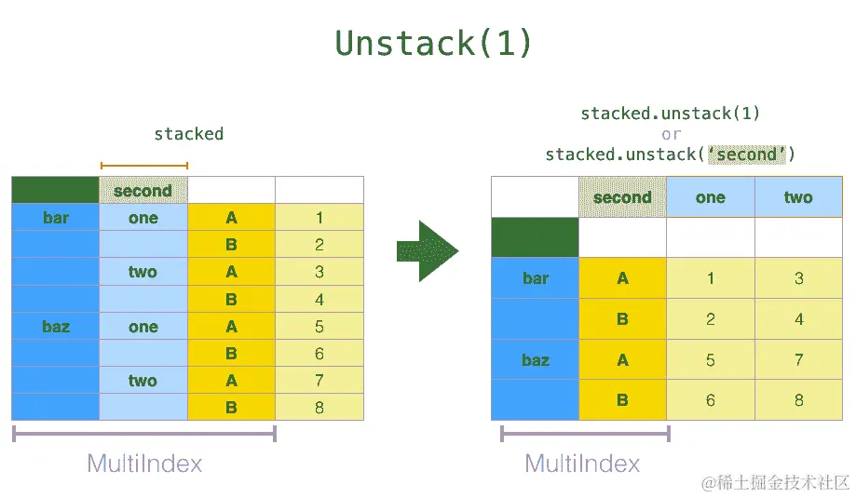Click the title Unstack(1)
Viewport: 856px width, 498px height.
point(434,44)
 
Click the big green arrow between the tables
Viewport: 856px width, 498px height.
point(427,250)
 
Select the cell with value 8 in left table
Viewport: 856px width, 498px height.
point(319,408)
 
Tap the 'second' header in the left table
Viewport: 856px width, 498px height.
point(143,191)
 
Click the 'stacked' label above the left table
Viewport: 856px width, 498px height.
point(189,134)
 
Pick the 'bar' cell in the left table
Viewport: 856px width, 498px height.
point(56,218)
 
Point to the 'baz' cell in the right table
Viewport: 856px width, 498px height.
point(536,360)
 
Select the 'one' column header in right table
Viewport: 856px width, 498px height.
point(710,197)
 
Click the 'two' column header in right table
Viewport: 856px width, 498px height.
point(798,197)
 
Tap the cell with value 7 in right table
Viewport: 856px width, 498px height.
point(798,360)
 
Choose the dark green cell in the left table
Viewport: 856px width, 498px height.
point(55,191)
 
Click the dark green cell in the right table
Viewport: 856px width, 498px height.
point(535,237)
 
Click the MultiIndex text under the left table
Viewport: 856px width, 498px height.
point(144,464)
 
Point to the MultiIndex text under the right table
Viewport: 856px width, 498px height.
point(583,464)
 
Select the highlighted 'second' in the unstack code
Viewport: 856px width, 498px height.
point(747,155)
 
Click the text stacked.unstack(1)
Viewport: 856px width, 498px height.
point(671,114)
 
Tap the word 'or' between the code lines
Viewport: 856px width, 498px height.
point(671,134)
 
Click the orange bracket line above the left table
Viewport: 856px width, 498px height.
point(144,167)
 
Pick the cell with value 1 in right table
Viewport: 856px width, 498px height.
point(710,278)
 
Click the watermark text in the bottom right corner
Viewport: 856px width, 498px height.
point(776,482)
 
